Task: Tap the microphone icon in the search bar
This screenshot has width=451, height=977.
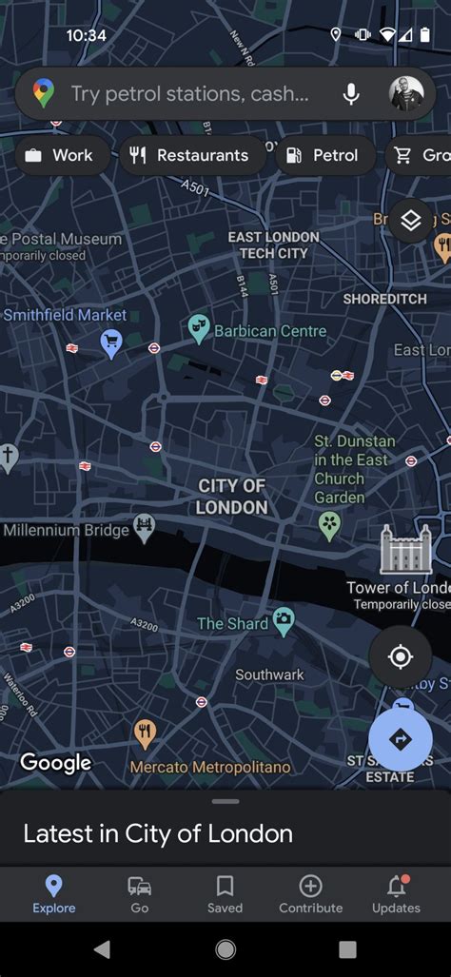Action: click(351, 93)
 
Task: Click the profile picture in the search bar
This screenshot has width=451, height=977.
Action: click(407, 93)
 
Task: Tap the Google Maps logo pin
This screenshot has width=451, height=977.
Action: click(44, 93)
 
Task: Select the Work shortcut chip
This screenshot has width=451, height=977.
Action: click(59, 155)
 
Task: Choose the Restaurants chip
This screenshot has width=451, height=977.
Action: click(189, 155)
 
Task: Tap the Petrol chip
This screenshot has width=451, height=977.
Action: click(323, 155)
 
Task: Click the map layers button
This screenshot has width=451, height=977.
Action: click(411, 221)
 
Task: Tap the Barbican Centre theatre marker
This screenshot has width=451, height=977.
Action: click(199, 329)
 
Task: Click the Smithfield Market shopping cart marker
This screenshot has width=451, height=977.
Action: click(111, 342)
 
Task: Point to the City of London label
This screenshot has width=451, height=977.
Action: click(232, 497)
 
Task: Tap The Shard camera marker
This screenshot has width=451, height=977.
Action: click(283, 622)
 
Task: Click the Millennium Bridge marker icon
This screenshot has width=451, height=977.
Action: click(145, 527)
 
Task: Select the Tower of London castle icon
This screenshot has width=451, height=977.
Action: click(405, 550)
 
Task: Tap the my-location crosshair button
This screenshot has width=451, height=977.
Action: click(401, 656)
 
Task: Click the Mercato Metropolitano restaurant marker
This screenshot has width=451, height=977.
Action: click(145, 733)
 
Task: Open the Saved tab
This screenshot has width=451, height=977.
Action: click(225, 894)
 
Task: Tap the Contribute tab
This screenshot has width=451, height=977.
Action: click(310, 894)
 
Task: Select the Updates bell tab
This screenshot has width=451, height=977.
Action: click(396, 894)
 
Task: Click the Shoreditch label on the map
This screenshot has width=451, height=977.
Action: click(384, 299)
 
